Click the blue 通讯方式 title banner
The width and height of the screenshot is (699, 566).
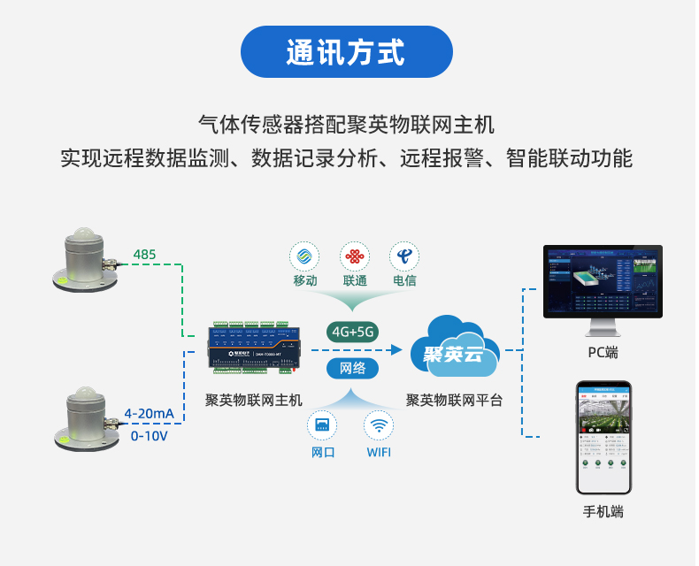347,51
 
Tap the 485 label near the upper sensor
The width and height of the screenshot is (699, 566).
144,256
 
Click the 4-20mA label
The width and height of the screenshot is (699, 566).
149,414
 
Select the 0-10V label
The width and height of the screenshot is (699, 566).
149,436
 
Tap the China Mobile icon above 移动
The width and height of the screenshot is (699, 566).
304,257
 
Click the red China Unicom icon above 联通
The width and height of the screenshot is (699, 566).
355,257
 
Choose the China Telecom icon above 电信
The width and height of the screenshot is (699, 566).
404,257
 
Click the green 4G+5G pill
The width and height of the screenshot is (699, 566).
353,332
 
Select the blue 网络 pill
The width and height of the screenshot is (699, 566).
352,368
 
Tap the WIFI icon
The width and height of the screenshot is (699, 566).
378,425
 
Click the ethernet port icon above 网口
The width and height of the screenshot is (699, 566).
322,425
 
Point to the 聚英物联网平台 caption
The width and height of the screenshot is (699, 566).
454,400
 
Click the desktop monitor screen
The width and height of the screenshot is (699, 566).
603,281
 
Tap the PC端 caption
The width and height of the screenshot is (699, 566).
603,353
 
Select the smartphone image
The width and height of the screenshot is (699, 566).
603,438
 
